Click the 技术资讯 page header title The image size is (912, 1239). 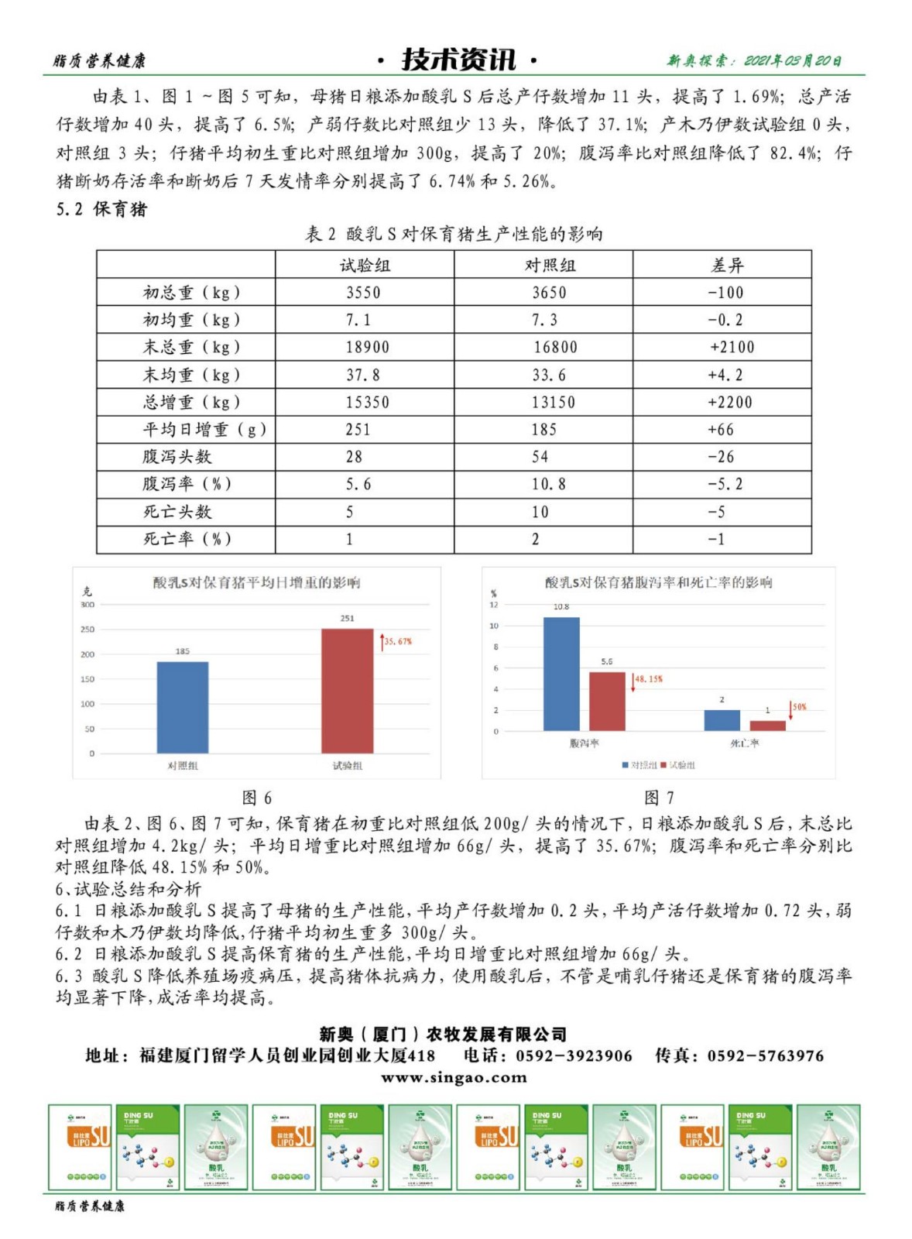pyautogui.click(x=458, y=60)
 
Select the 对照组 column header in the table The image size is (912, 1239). pyautogui.click(x=550, y=266)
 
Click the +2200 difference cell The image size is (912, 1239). pyautogui.click(x=730, y=402)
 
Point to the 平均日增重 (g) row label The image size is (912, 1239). pyautogui.click(x=204, y=430)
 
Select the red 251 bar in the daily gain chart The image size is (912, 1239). pyautogui.click(x=347, y=691)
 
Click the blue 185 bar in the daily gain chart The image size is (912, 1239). pyautogui.click(x=183, y=707)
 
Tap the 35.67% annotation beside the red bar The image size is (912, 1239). pyautogui.click(x=398, y=641)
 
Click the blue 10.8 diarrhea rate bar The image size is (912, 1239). pyautogui.click(x=561, y=674)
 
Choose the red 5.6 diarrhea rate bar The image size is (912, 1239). pyautogui.click(x=607, y=702)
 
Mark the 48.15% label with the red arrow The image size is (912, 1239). pyautogui.click(x=649, y=679)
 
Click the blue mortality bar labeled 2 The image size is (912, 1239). pyautogui.click(x=722, y=720)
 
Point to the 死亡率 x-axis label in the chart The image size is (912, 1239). pyautogui.click(x=744, y=743)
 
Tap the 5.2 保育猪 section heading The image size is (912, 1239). pyautogui.click(x=101, y=209)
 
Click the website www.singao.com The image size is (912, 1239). pyautogui.click(x=454, y=1077)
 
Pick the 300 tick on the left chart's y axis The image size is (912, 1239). pyautogui.click(x=87, y=605)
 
